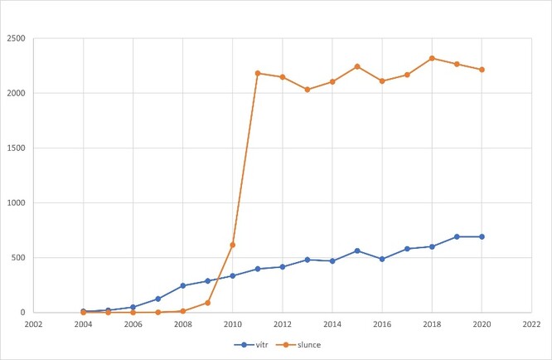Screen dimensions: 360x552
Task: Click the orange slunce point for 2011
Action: click(258, 73)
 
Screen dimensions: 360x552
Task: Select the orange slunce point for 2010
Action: click(233, 245)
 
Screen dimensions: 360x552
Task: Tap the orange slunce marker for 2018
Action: click(433, 58)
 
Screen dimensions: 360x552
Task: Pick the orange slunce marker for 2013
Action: click(307, 90)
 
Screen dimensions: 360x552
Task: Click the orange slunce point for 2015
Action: click(357, 66)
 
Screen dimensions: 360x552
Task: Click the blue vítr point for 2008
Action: click(183, 285)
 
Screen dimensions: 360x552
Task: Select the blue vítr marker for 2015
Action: click(357, 251)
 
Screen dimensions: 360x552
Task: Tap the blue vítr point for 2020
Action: click(482, 236)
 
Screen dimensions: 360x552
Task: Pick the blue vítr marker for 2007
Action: click(157, 299)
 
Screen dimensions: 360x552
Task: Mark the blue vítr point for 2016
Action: click(382, 259)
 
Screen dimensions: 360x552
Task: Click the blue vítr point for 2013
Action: click(307, 260)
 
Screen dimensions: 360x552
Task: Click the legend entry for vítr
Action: click(253, 343)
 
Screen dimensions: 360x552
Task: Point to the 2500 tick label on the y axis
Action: click(15, 38)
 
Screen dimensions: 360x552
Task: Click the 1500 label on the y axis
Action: click(15, 148)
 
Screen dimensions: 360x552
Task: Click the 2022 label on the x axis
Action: click(532, 324)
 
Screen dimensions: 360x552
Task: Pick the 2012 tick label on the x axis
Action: click(283, 324)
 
